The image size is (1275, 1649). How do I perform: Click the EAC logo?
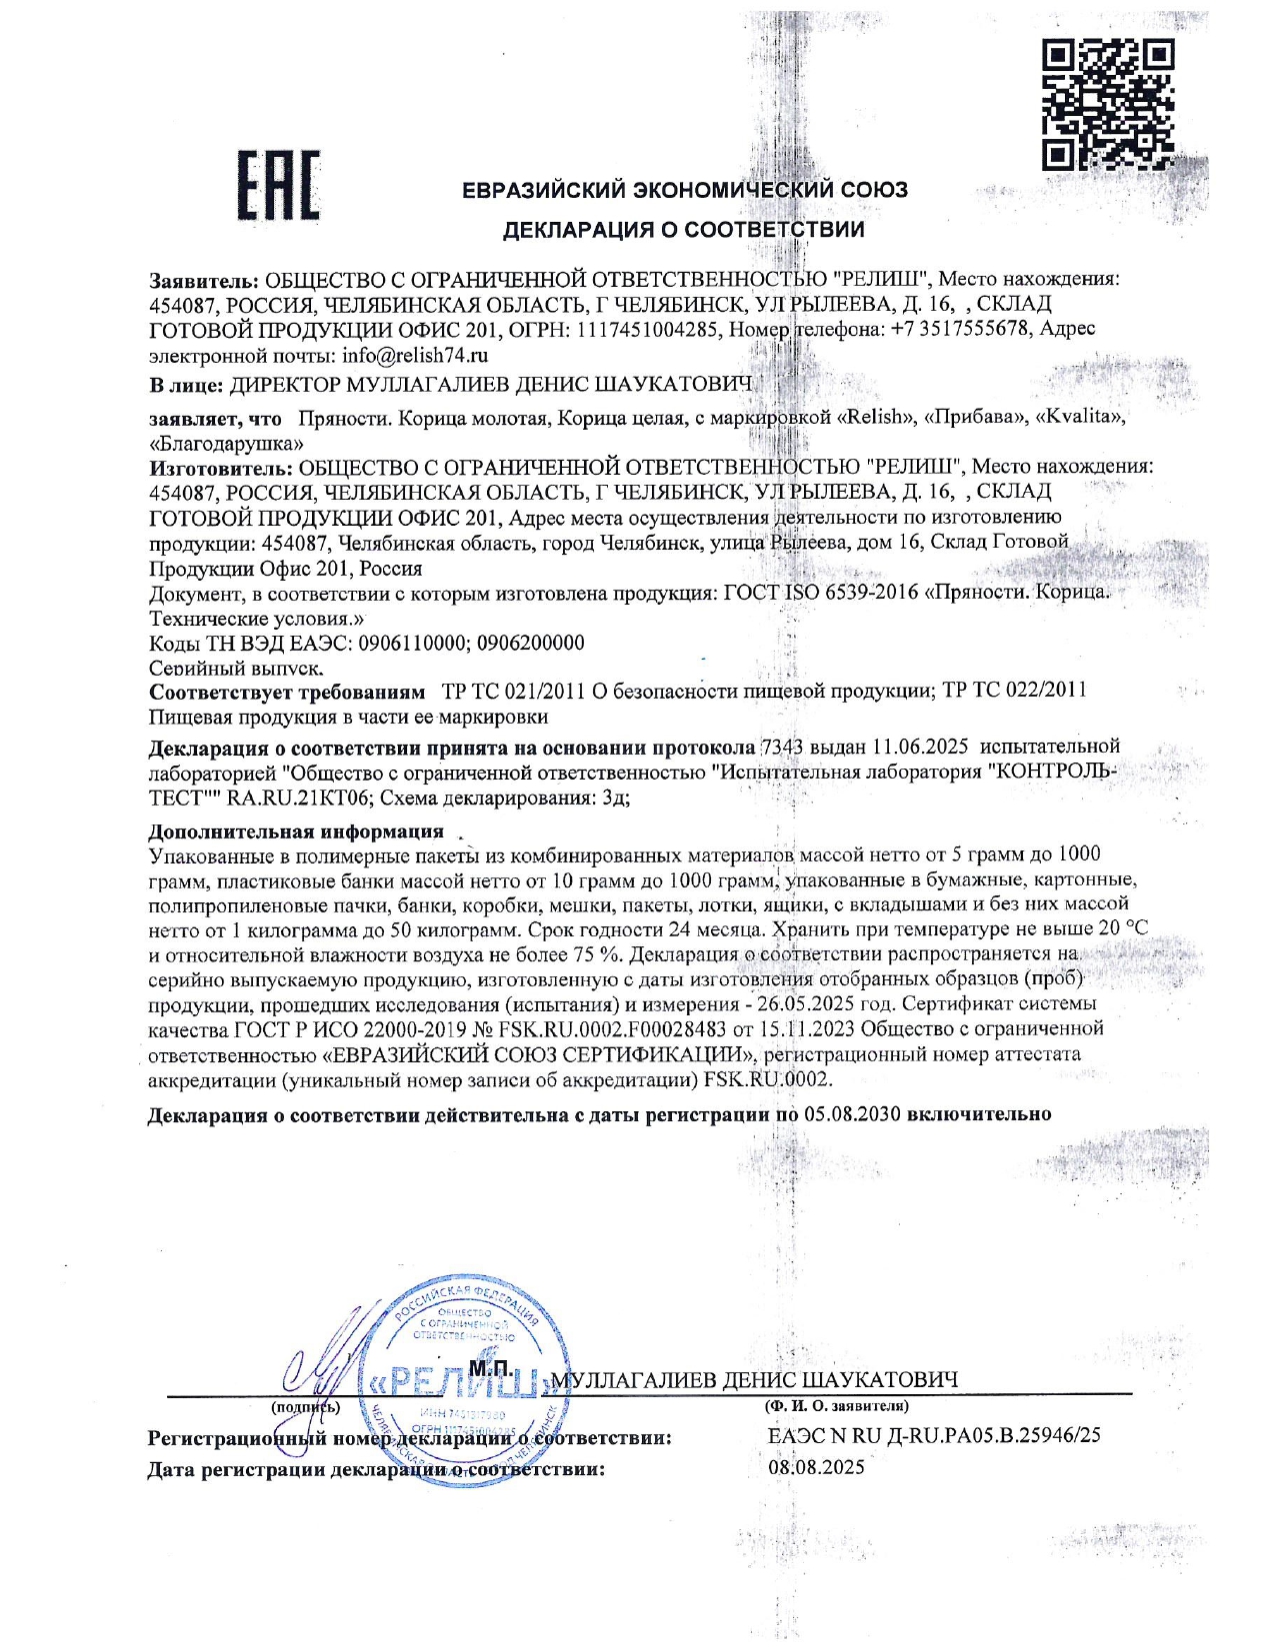278,185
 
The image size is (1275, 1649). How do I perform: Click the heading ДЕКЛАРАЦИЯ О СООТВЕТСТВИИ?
683,230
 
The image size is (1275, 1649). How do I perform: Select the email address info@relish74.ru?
415,355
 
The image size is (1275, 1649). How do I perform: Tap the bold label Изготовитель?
221,466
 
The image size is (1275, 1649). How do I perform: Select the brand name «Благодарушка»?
226,443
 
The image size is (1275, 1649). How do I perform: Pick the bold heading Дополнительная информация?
296,831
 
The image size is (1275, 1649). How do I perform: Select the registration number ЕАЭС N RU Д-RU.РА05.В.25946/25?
934,1435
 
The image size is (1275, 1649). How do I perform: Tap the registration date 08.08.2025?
816,1467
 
